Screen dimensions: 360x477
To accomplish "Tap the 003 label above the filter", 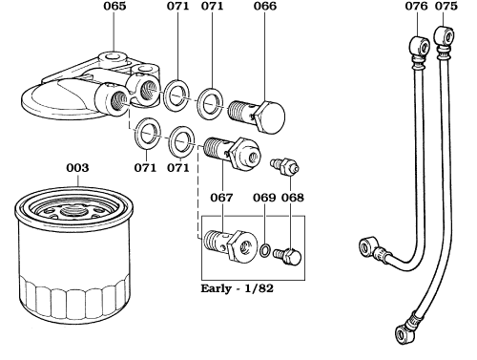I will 77,168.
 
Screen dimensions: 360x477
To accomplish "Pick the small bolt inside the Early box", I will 287,255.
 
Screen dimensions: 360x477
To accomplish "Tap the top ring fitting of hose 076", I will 414,43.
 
